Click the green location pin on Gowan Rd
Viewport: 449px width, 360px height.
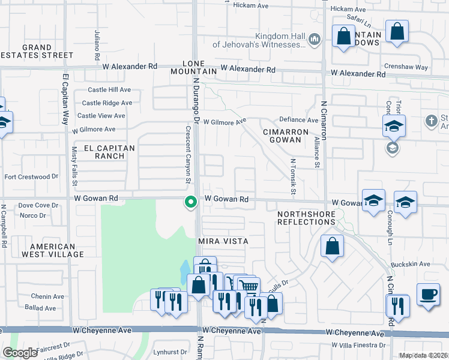191,202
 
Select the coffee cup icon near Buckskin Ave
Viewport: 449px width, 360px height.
428,294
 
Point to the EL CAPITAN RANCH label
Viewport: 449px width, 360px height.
104,151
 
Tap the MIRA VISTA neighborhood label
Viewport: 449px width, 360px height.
223,241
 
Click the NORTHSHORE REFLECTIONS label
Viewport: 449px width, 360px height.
306,218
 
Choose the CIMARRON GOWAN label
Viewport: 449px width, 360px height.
285,136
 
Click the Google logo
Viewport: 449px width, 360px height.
20,353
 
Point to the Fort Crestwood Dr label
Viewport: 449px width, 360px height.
31,177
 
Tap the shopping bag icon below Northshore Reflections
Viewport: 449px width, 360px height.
332,246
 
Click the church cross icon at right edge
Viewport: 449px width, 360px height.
431,121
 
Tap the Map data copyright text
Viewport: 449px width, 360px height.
423,355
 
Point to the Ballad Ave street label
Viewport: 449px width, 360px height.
40,308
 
